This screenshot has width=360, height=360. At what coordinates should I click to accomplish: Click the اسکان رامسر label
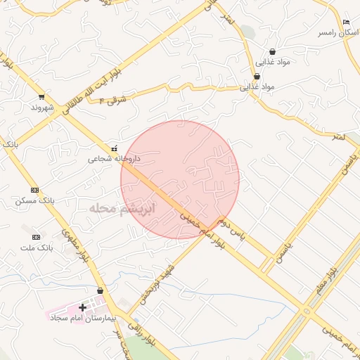pos(333,32)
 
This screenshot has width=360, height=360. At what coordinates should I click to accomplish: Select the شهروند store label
pos(42,108)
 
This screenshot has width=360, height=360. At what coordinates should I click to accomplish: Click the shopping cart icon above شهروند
pos(42,97)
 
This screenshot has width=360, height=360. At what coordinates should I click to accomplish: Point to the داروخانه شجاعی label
pos(114,159)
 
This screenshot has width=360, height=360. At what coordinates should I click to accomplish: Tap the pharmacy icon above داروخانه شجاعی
pos(115,148)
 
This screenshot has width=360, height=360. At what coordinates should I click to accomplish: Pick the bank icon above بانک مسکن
pos(35,190)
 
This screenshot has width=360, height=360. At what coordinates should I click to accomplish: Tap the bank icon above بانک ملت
pos(37,237)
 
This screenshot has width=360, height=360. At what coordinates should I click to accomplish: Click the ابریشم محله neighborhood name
pos(120,209)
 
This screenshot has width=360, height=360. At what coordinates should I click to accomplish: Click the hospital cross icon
pos(82,307)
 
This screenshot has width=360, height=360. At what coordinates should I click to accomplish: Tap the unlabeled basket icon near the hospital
pos(100,290)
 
